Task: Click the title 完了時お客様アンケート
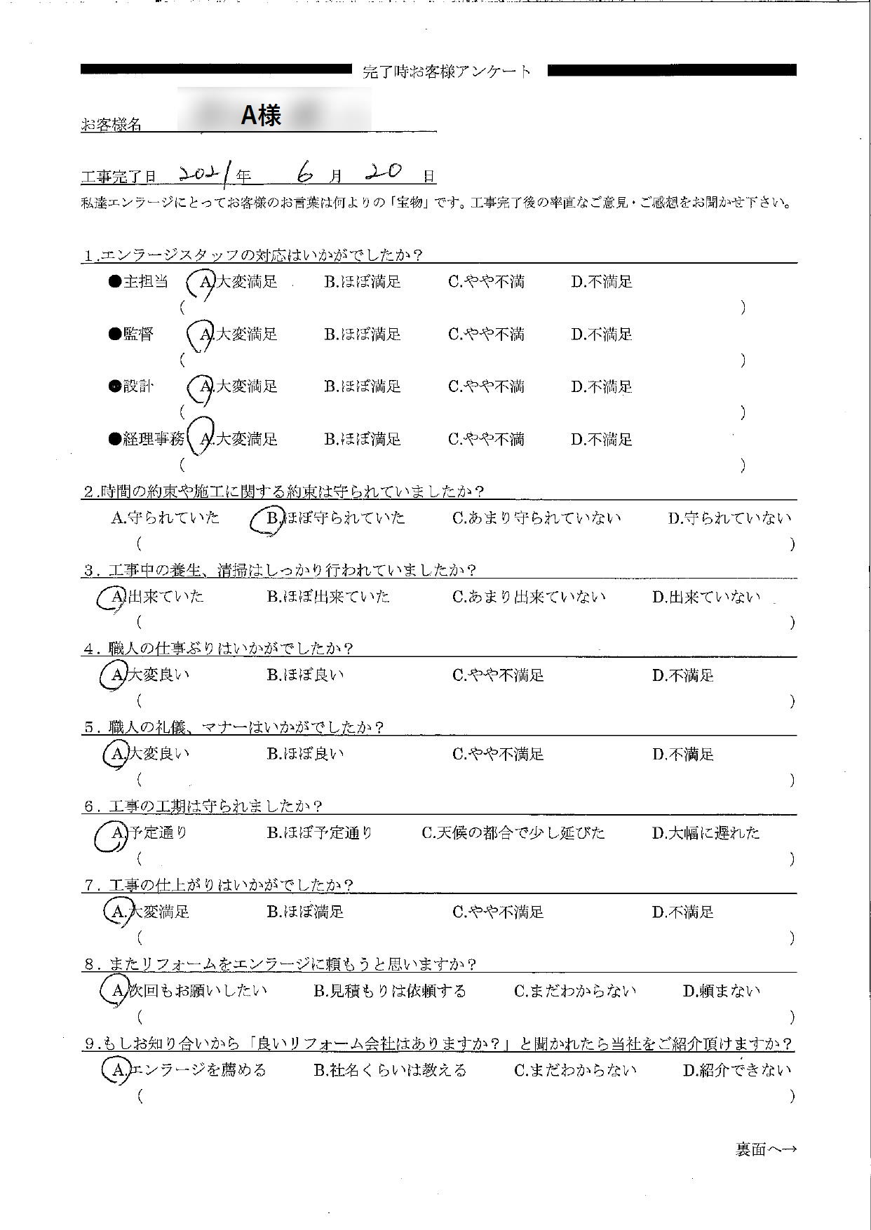pos(447,71)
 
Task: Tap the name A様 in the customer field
pos(261,116)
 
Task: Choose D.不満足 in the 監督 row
pos(601,334)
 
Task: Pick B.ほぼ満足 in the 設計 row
pos(362,386)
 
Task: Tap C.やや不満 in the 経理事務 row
pos(486,440)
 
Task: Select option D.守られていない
pos(729,518)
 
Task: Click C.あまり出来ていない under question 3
pos(528,597)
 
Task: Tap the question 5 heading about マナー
pos(234,727)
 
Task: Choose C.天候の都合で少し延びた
pos(513,833)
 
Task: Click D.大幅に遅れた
pos(705,833)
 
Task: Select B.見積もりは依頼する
pos(389,991)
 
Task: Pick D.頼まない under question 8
pos(722,991)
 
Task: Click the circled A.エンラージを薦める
pos(185,1070)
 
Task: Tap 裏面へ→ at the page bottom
pos(766,1149)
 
